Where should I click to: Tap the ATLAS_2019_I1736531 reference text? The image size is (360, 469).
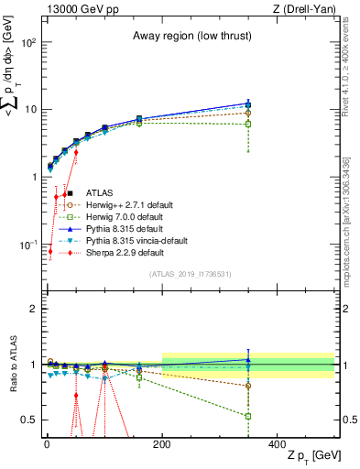point(191,274)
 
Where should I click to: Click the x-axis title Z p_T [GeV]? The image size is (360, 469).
point(311,456)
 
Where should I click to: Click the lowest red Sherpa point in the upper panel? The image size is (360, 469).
point(50,252)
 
